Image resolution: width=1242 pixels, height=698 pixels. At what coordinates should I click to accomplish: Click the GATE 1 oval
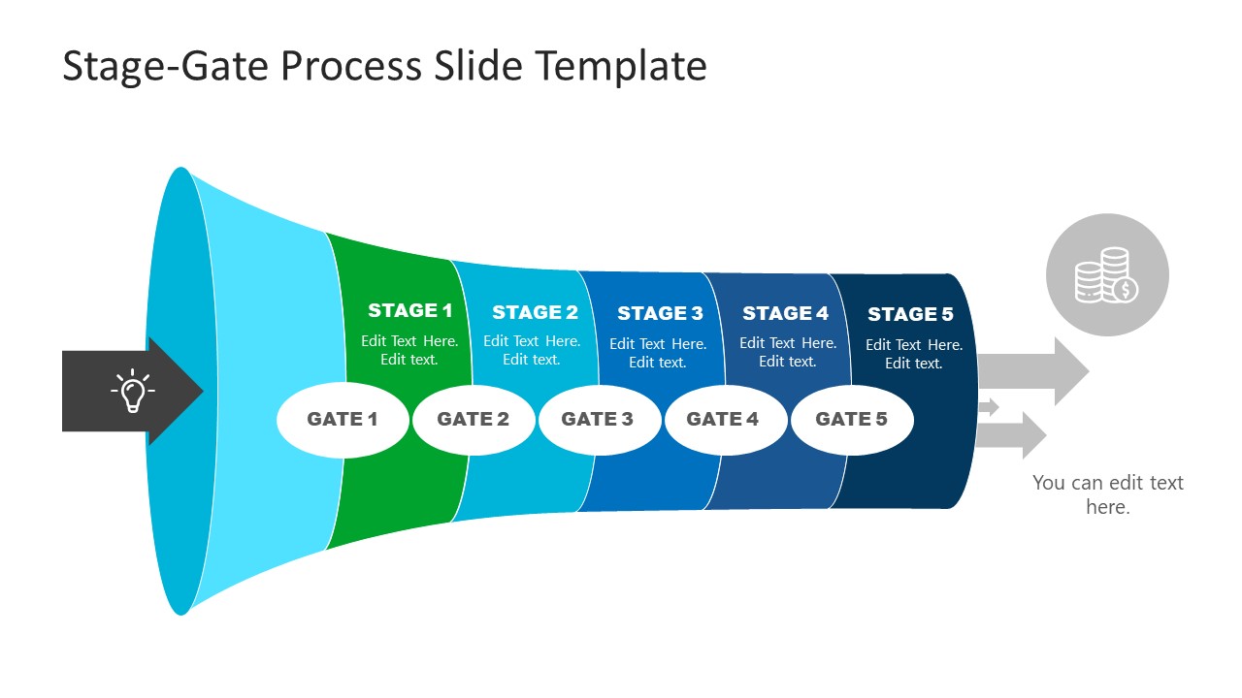tap(343, 420)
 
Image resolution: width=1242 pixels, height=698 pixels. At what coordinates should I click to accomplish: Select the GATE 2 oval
tap(474, 420)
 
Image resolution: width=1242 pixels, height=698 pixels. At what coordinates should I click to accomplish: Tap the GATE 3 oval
tap(598, 420)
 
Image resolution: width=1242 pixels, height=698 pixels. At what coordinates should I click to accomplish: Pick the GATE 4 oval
tap(723, 420)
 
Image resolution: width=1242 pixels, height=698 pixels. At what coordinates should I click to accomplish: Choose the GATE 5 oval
tap(851, 420)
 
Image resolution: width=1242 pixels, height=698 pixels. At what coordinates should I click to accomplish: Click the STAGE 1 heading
tap(409, 311)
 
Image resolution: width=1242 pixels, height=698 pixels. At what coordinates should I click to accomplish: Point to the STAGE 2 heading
tap(535, 312)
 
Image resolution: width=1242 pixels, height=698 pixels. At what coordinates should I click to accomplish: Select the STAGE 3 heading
tap(660, 313)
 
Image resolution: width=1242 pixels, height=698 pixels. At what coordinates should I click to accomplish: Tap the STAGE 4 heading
tap(785, 313)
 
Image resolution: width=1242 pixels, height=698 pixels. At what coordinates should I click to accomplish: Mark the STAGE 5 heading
tap(910, 314)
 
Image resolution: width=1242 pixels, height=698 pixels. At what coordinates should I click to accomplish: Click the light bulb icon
tap(132, 392)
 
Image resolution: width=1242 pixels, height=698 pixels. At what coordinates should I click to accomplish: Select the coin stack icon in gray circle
tap(1107, 275)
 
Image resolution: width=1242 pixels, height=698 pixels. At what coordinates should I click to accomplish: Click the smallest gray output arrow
tap(988, 407)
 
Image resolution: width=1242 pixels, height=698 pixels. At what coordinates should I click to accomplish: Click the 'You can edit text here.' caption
tap(1107, 494)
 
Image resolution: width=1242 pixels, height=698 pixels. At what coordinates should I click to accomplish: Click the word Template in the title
tap(621, 66)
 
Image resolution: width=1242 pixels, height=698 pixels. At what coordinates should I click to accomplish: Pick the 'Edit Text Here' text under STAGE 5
tap(913, 345)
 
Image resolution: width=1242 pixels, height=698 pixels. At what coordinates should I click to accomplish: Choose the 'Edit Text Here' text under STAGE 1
tap(409, 341)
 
